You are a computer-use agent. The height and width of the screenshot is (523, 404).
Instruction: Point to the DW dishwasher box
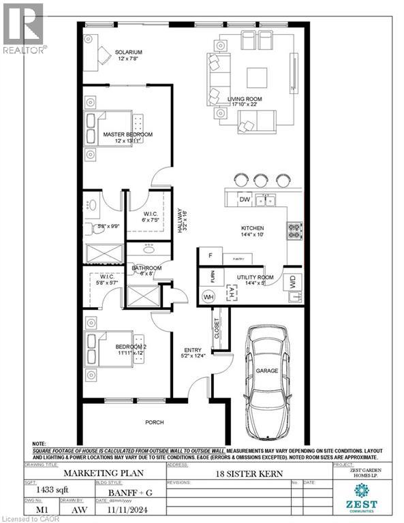244,199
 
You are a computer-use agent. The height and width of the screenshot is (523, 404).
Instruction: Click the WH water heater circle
209,296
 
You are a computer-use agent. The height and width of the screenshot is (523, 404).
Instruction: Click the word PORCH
155,422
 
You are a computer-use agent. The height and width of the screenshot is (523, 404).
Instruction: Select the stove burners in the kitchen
294,232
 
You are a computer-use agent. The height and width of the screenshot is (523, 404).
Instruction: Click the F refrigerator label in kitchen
211,255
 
